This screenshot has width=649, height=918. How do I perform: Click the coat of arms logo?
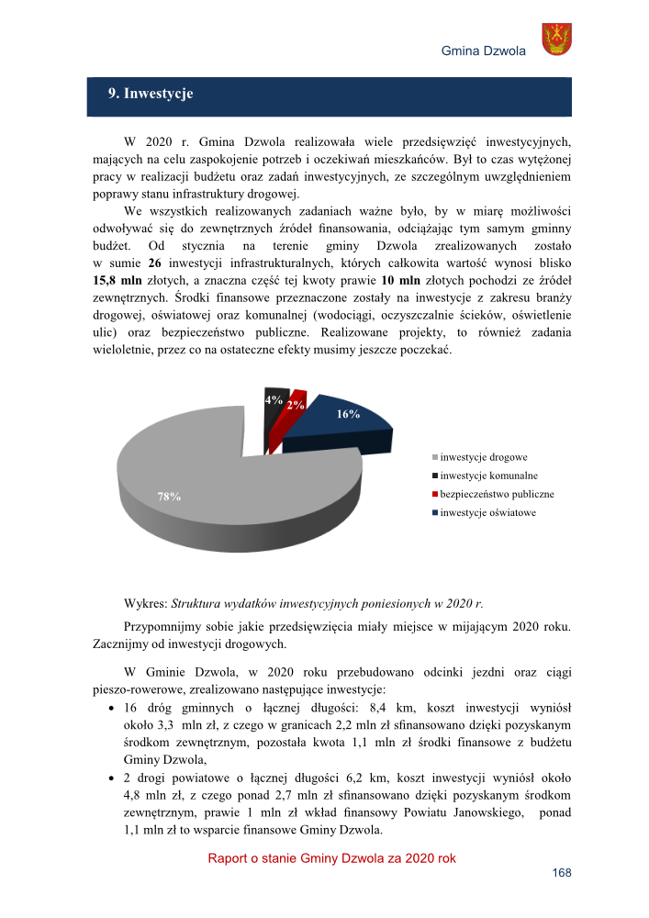(556, 39)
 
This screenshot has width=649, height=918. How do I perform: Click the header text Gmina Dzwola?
(483, 50)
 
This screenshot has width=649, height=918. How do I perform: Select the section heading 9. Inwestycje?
(151, 94)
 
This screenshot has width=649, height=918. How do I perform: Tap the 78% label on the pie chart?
(169, 497)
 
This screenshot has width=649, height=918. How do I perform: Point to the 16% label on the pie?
(348, 415)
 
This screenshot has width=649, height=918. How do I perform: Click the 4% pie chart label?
(273, 400)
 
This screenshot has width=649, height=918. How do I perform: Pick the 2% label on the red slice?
(295, 405)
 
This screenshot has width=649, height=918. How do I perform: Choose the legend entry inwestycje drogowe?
(484, 457)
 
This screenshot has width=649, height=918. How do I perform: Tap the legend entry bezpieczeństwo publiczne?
(497, 494)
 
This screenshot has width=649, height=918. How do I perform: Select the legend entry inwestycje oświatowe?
(487, 512)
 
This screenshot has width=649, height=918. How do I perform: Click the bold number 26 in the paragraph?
(155, 263)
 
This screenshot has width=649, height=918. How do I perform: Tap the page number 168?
(562, 873)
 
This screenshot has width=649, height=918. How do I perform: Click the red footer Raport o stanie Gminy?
(331, 858)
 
